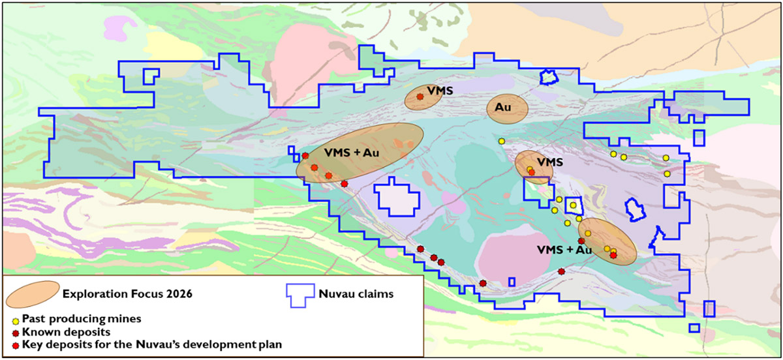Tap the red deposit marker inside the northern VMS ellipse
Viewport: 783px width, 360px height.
point(420,97)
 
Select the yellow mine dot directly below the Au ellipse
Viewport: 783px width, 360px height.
point(501,141)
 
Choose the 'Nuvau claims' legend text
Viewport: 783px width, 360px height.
point(356,293)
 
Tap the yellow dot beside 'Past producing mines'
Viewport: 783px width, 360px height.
point(16,320)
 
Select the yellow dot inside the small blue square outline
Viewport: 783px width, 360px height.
point(573,205)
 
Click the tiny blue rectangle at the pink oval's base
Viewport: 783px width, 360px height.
point(512,282)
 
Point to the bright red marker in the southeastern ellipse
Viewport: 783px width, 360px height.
point(613,255)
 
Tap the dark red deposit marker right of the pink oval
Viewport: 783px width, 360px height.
point(561,271)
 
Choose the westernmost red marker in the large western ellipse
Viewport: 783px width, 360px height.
point(305,155)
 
